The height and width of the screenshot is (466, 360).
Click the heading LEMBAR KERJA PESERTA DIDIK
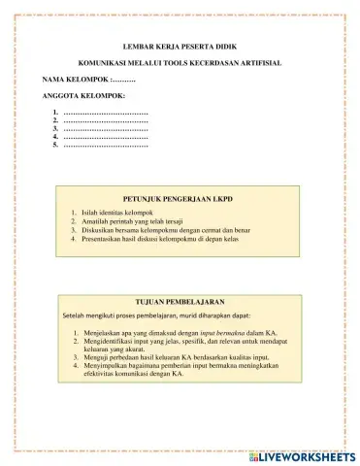(180, 47)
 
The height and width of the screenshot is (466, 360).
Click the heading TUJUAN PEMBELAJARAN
(180, 303)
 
